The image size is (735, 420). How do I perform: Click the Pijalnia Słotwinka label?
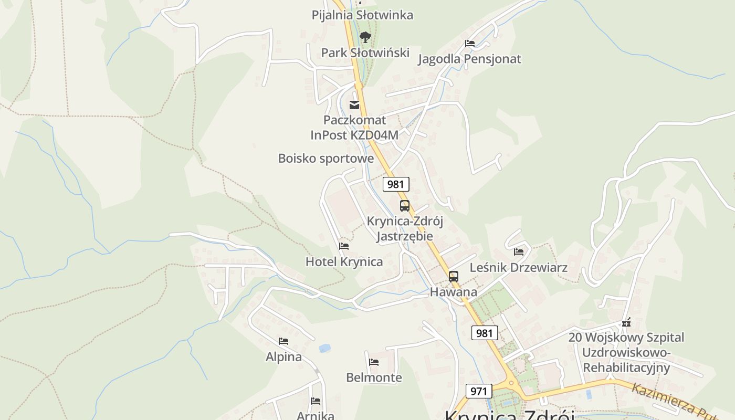[362, 15]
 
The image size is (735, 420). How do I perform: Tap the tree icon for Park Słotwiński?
[365, 37]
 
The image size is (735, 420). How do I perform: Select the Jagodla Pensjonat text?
[469, 59]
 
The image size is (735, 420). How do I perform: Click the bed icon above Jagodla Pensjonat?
[469, 44]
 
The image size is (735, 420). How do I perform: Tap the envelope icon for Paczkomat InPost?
[354, 105]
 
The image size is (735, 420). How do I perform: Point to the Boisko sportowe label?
[325, 158]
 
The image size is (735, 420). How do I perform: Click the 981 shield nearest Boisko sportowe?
[396, 184]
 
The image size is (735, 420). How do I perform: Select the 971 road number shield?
[478, 391]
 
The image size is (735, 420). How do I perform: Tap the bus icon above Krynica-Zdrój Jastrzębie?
[404, 206]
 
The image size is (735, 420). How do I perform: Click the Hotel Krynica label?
[344, 261]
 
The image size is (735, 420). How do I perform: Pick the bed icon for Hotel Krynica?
[344, 246]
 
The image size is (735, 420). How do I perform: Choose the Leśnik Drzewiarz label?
[518, 267]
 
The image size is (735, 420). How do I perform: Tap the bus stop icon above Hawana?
[453, 277]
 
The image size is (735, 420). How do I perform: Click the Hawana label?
[453, 292]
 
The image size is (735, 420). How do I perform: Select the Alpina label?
[283, 357]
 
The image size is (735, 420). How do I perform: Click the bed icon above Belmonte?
[374, 362]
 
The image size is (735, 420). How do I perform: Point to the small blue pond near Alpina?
[324, 348]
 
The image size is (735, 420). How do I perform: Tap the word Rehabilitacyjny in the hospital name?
[626, 367]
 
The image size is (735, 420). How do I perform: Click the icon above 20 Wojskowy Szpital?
[626, 322]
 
